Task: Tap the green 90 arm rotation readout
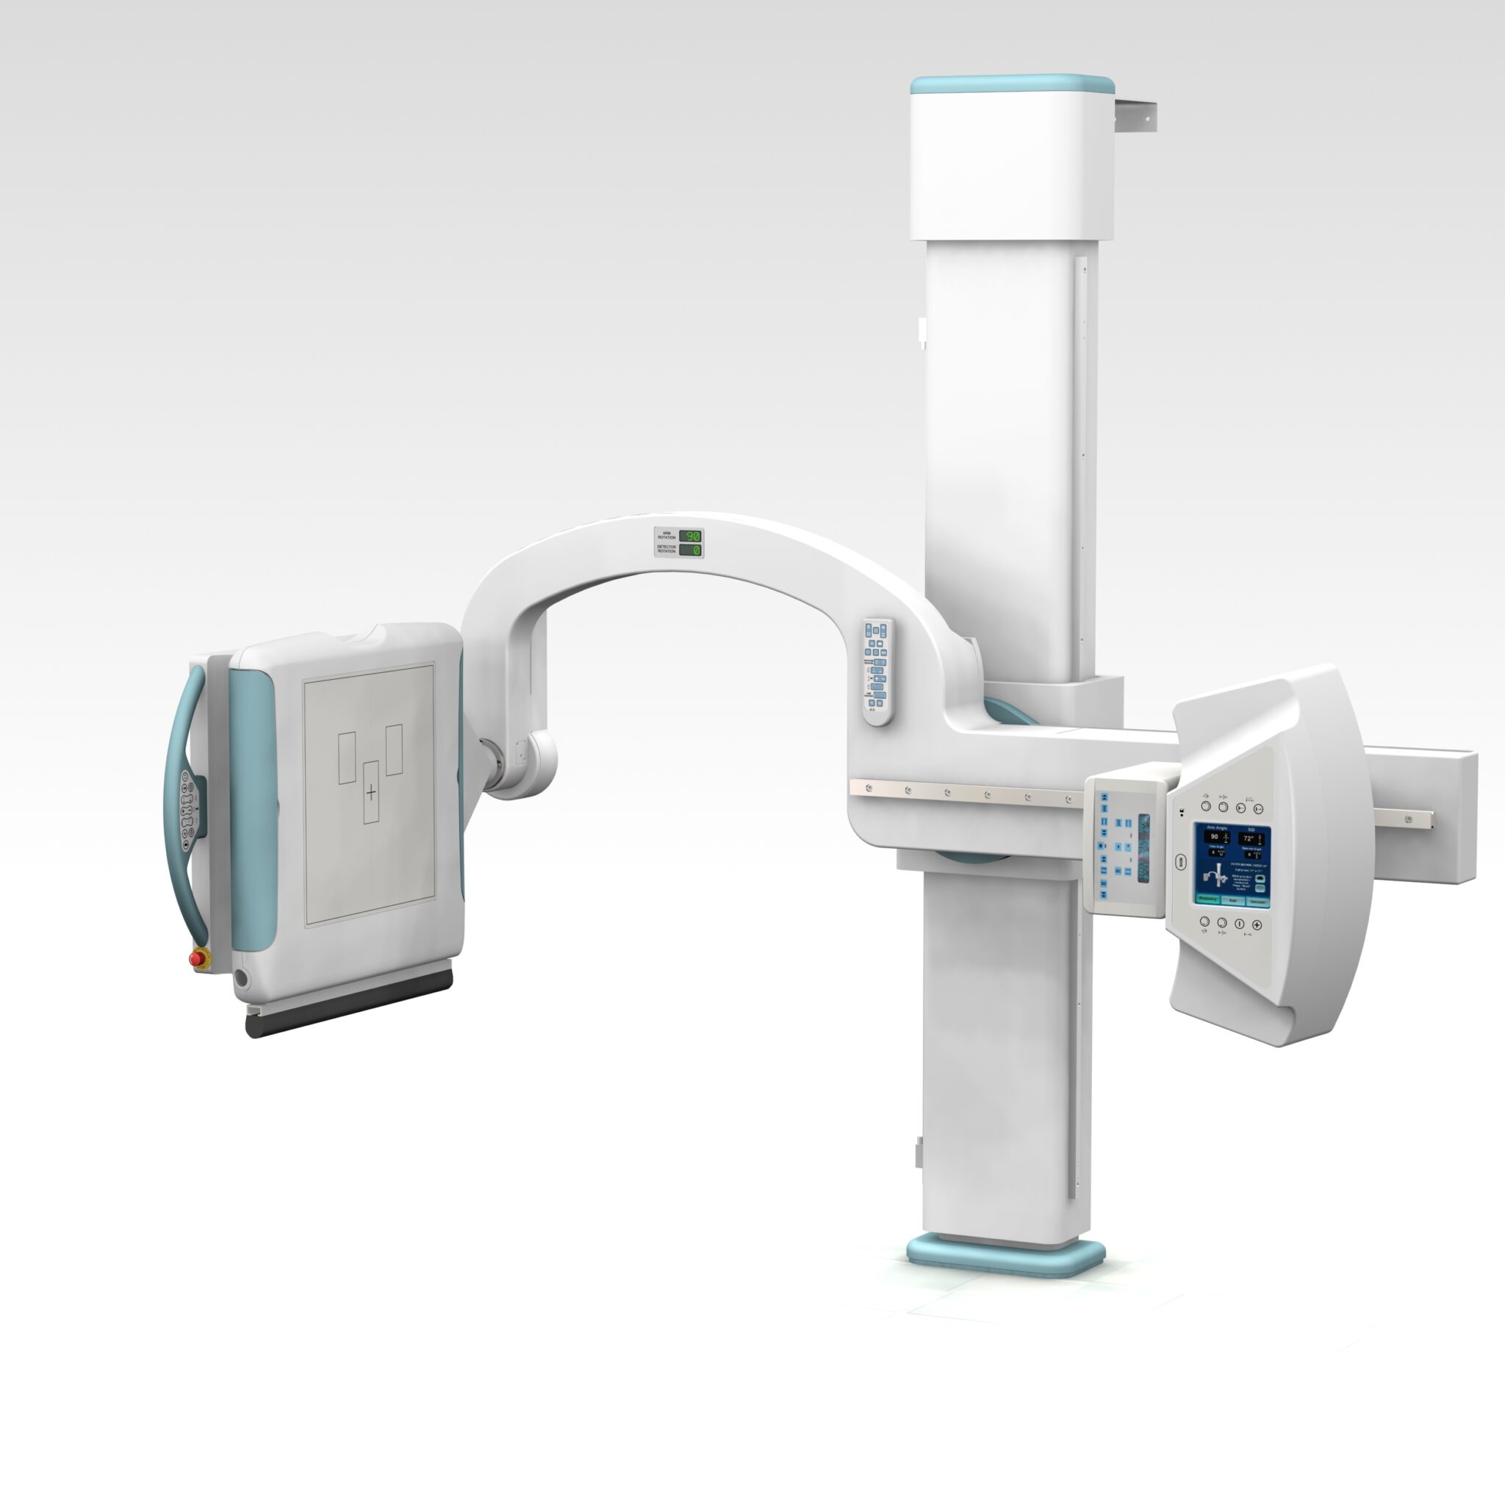coord(690,536)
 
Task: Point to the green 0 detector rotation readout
coord(690,550)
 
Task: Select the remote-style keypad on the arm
coord(877,672)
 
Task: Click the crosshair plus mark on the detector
coord(371,793)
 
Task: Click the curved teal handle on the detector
coord(179,802)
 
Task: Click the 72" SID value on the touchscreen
coord(1248,838)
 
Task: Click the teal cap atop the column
coord(1012,83)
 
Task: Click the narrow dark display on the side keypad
coord(1143,848)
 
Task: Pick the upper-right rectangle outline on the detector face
coord(394,750)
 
